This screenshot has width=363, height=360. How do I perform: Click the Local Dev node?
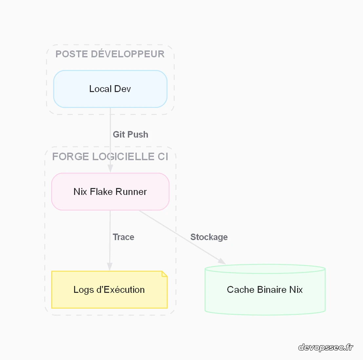(110, 89)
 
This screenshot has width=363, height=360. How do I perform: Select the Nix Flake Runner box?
(110, 192)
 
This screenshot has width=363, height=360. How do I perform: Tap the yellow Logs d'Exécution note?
(109, 290)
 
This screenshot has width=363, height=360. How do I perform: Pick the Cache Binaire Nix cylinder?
(265, 290)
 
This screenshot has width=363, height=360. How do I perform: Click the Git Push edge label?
(131, 135)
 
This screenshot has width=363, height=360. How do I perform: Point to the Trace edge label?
(123, 237)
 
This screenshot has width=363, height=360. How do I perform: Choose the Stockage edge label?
(209, 237)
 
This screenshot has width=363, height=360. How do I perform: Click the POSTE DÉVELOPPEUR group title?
(110, 54)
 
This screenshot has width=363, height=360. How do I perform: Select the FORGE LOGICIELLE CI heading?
(110, 157)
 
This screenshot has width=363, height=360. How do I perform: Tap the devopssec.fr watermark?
(326, 347)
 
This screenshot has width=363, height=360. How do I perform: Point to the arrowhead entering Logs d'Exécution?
(110, 267)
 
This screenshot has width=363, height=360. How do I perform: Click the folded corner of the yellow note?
(165, 274)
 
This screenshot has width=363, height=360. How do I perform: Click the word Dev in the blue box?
(122, 89)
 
